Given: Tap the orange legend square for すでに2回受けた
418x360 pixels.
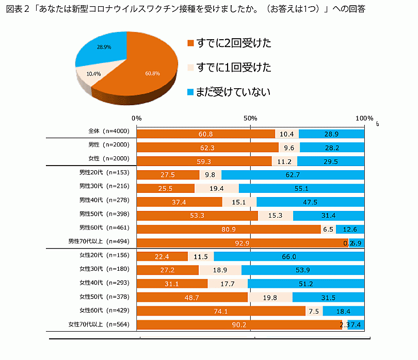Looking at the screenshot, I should click(x=190, y=43).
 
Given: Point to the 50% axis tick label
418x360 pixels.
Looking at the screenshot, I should click(x=250, y=118).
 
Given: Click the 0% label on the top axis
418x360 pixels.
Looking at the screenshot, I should click(x=137, y=118).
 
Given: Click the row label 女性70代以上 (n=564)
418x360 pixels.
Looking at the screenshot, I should click(x=99, y=324).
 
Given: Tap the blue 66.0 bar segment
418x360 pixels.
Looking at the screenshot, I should click(x=289, y=256).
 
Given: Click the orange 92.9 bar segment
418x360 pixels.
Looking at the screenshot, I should click(x=242, y=242).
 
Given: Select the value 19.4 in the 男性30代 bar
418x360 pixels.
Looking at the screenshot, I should click(x=217, y=189).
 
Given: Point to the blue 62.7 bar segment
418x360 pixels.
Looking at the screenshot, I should click(x=293, y=175).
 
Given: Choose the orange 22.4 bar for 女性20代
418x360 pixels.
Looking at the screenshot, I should click(x=162, y=256).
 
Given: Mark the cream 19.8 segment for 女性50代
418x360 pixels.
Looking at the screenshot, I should click(x=270, y=298).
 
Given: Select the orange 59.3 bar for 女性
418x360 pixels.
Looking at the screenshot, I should click(x=204, y=161).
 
